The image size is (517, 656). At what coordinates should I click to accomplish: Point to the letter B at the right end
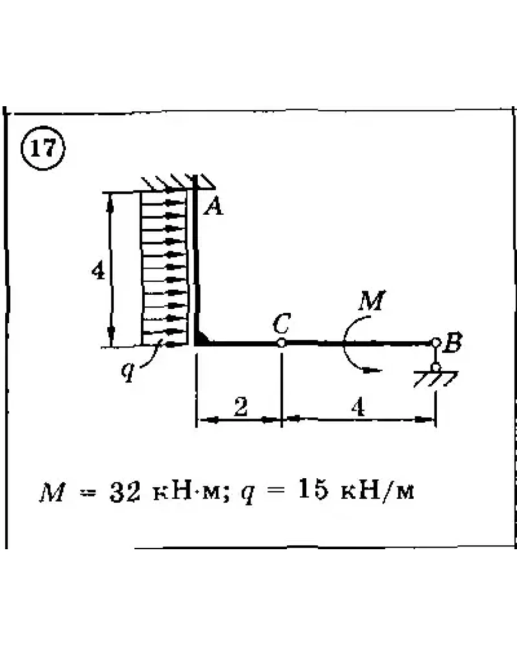(454, 343)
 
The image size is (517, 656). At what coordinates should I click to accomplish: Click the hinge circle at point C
(281, 343)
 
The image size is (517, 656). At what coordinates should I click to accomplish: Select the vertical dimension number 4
(98, 272)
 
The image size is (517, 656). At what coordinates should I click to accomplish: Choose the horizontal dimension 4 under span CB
(358, 408)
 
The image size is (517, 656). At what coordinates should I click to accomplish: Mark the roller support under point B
(436, 367)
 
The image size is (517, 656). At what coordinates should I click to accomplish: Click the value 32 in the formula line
(123, 491)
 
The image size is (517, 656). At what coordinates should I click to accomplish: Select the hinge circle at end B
(436, 343)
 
